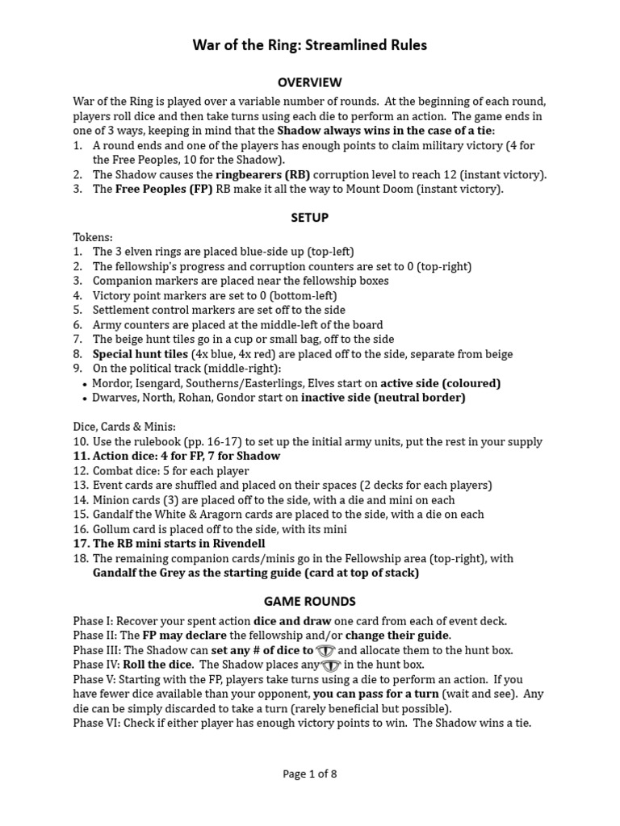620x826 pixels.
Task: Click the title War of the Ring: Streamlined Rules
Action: pos(309,45)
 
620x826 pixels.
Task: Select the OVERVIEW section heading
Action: pos(309,82)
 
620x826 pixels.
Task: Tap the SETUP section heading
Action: pos(309,218)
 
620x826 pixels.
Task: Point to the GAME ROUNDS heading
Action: pos(309,602)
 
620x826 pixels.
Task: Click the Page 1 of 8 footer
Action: pos(309,774)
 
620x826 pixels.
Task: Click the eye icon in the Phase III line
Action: pos(325,650)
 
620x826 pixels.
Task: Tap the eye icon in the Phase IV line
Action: pos(331,665)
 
